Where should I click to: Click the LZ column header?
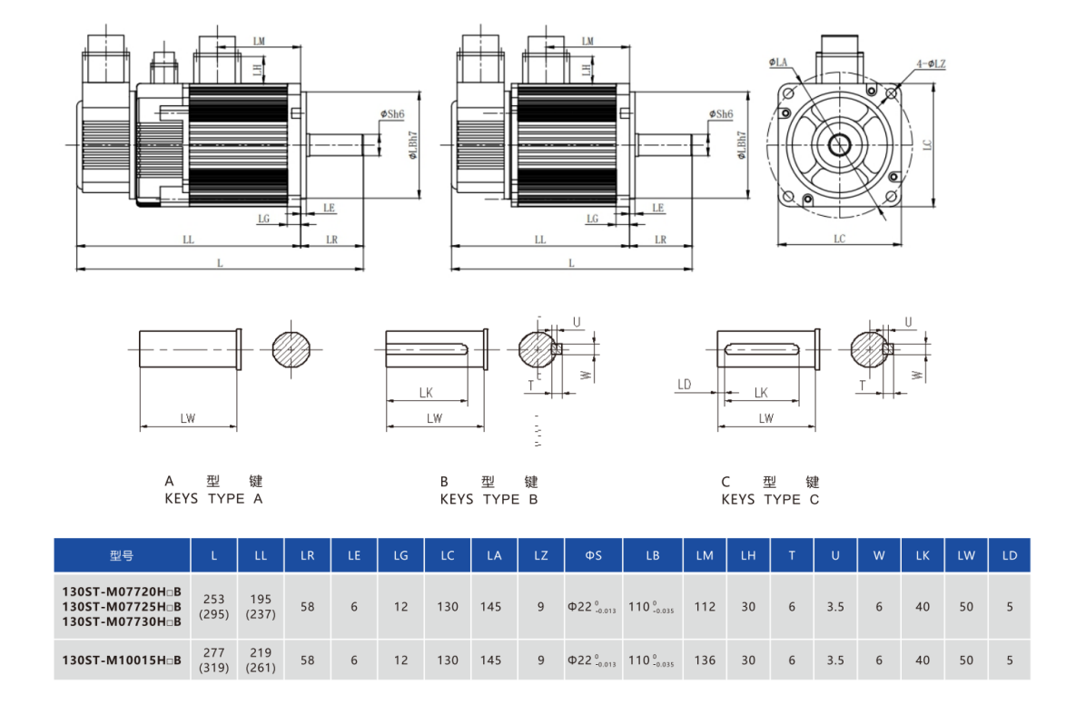click(x=540, y=555)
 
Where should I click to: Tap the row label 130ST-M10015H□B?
click(x=122, y=660)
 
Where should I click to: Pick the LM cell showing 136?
click(x=705, y=660)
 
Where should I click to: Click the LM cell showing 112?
click(x=705, y=606)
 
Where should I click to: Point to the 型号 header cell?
click(x=122, y=555)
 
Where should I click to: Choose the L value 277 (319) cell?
click(x=214, y=660)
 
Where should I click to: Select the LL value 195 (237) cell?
click(x=262, y=606)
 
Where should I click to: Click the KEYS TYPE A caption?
click(x=213, y=499)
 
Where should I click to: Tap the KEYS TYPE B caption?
click(x=489, y=499)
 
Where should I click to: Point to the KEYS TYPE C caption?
click(x=770, y=499)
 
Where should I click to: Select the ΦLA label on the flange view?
click(x=778, y=63)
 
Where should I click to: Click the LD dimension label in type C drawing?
click(x=684, y=385)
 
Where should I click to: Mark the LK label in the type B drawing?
click(x=425, y=393)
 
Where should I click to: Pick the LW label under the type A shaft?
click(x=188, y=418)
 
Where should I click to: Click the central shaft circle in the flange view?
click(x=839, y=143)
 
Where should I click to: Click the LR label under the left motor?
click(x=331, y=240)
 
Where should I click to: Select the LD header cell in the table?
click(x=1010, y=555)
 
